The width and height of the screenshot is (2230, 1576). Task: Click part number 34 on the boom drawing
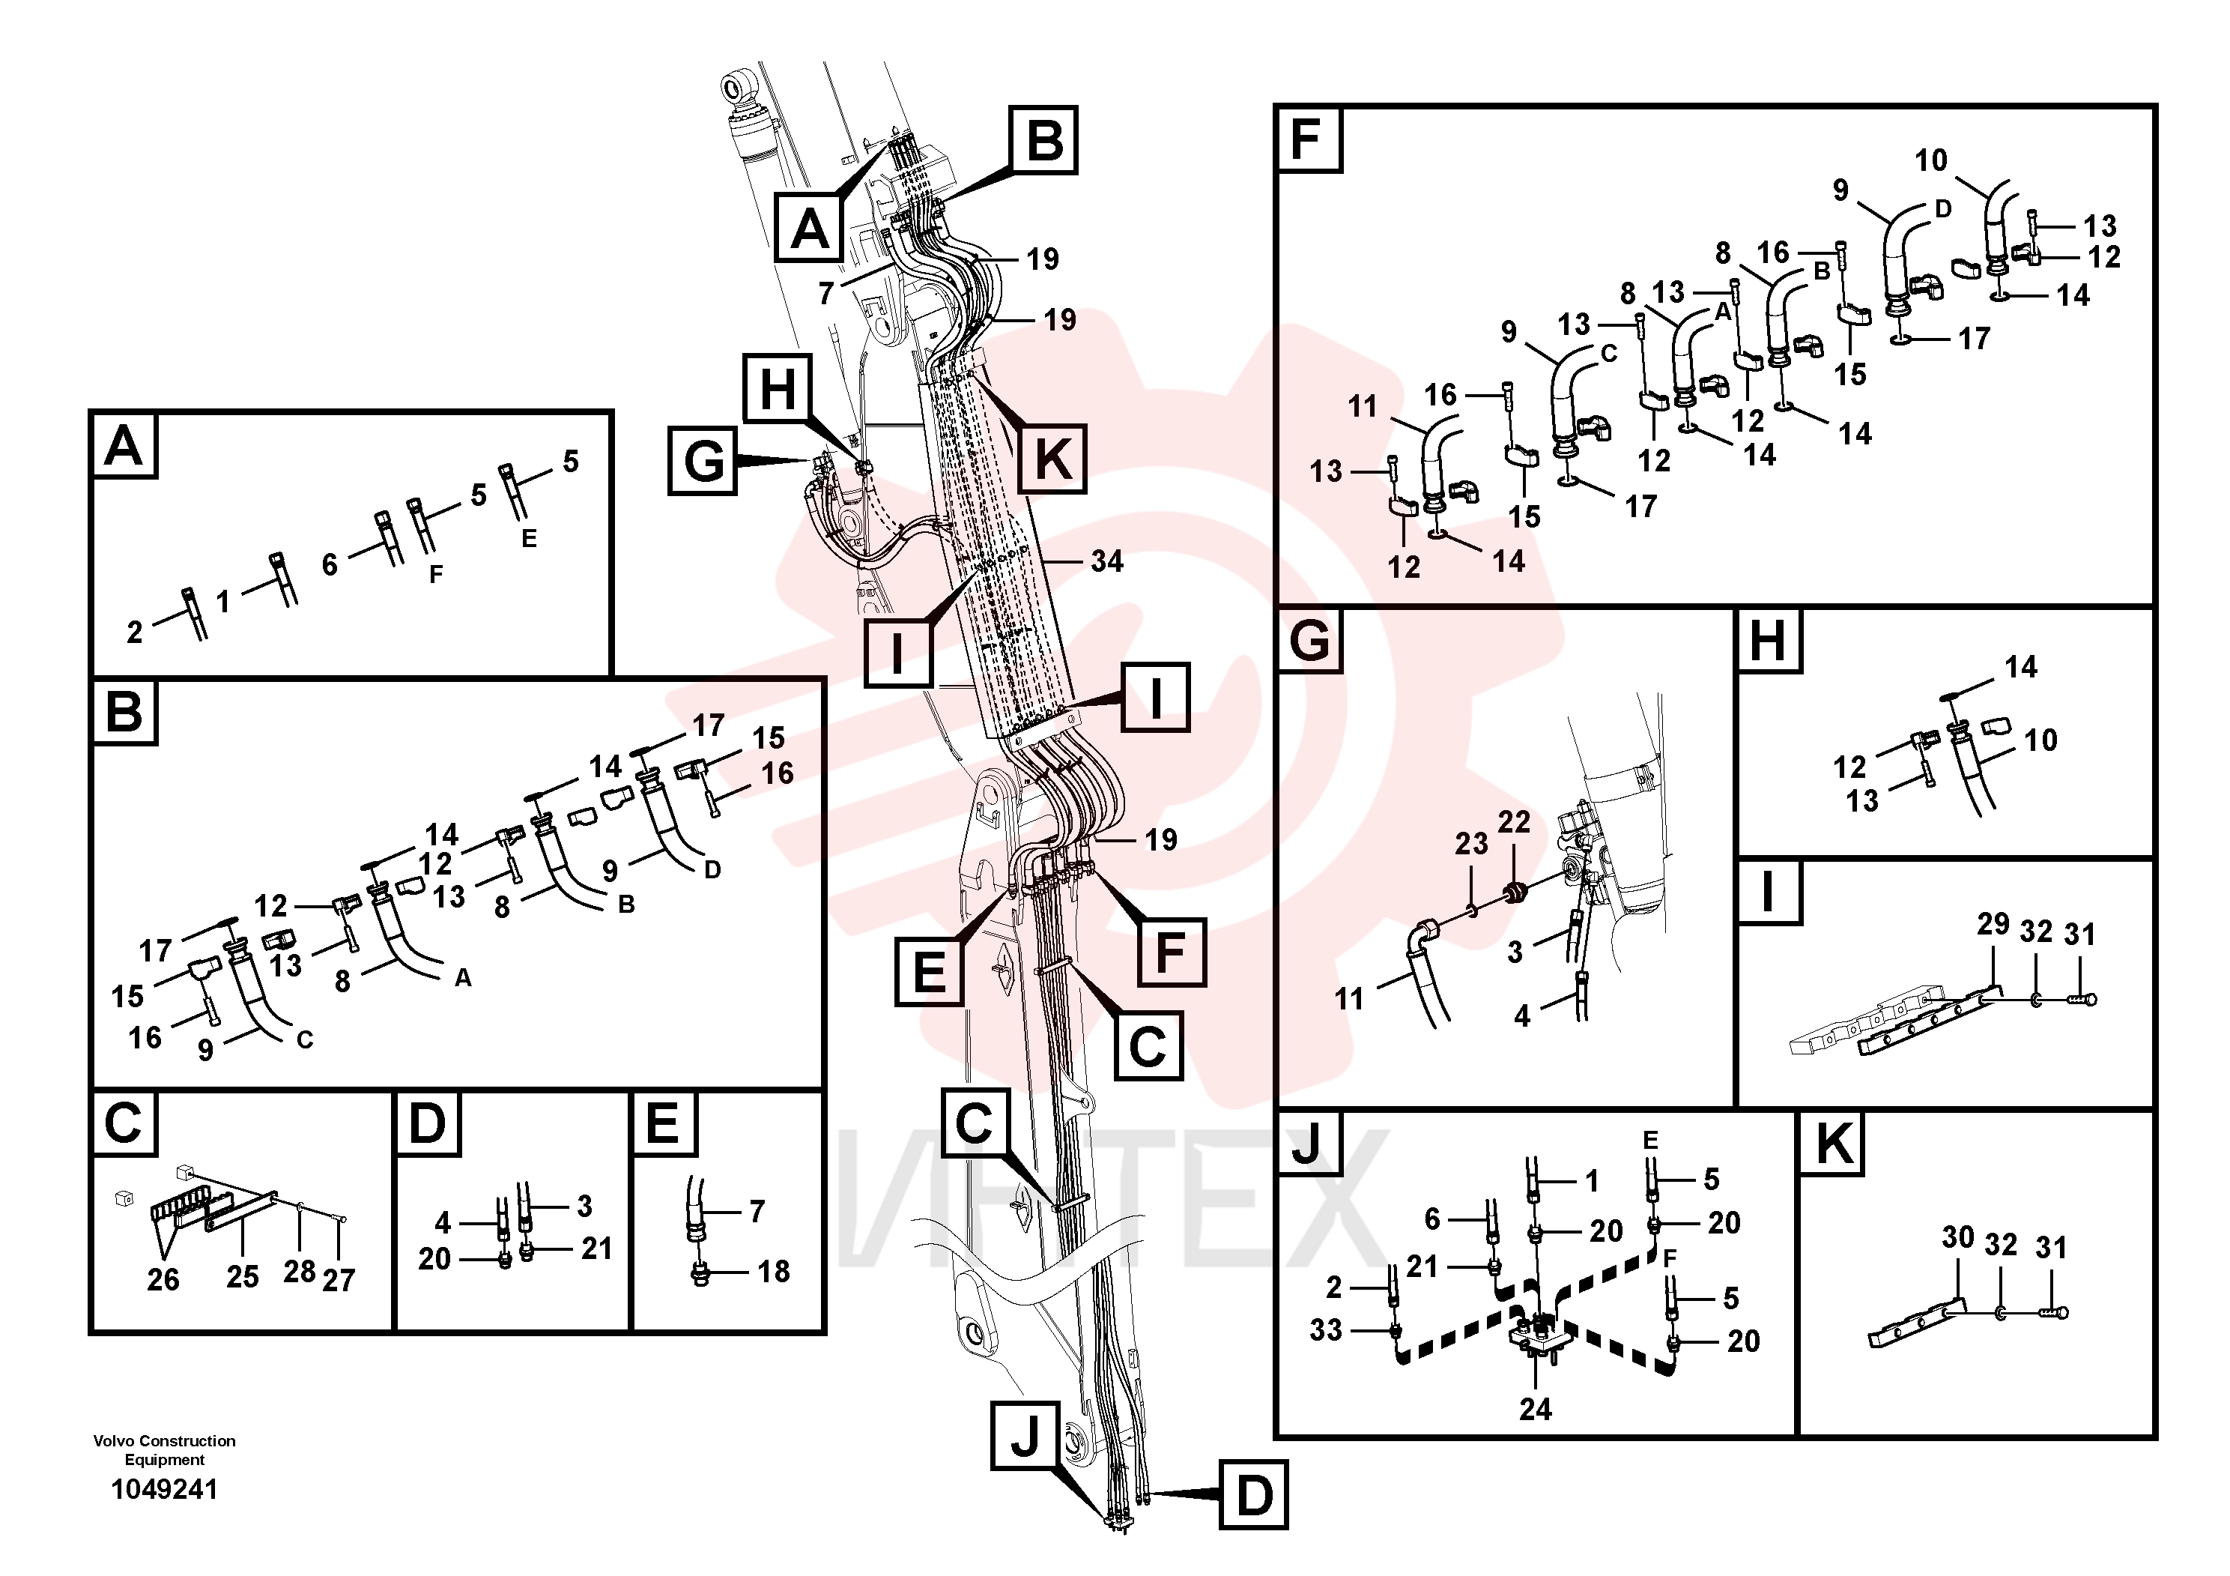(1106, 561)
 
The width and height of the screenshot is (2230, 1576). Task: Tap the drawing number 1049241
(165, 1490)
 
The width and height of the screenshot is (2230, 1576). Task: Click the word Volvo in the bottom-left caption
(115, 1441)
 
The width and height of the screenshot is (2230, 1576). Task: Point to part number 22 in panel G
(1514, 822)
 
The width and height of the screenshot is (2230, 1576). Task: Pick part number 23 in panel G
(1471, 843)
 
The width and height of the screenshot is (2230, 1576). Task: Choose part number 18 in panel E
(773, 1271)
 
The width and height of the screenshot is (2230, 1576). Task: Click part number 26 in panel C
(163, 1280)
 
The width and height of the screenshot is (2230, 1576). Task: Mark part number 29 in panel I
(1993, 924)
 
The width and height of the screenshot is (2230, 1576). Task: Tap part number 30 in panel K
(1958, 1237)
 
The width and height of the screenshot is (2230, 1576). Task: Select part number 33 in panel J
(1326, 1329)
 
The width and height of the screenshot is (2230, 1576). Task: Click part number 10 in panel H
(2040, 740)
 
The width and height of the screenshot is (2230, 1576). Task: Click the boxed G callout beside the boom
(703, 461)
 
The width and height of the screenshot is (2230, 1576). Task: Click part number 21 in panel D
(596, 1249)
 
